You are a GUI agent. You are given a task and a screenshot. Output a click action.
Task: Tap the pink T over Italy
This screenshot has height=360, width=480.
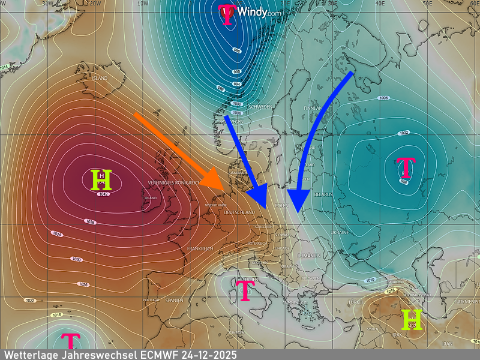pos(244,290)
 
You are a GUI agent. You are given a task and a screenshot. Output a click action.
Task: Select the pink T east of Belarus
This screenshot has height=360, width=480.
pos(406,167)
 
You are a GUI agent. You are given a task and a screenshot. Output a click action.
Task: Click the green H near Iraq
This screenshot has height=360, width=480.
pos(412,320)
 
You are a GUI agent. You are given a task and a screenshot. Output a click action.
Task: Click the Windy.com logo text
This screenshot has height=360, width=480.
pos(259,11)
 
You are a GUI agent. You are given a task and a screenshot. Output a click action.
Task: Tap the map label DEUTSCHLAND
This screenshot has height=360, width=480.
pos(239,212)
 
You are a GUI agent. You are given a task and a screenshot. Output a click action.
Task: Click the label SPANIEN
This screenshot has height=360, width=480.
pos(174,299)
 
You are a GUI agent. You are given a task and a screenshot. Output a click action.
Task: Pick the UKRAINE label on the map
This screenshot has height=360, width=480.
pos(339,232)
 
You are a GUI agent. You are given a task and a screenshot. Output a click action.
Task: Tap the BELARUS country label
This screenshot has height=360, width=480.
pos(323,194)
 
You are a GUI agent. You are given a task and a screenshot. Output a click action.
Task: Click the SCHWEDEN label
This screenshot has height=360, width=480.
pos(261,107)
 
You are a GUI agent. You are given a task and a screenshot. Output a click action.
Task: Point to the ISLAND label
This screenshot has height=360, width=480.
pos(100,79)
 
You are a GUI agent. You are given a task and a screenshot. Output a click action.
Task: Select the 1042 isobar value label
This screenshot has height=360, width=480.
pos(103,194)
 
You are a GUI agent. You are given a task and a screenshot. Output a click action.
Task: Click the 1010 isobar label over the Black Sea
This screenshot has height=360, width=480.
pos(370,280)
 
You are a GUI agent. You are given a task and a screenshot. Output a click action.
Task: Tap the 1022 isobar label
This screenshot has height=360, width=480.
pos(29,300)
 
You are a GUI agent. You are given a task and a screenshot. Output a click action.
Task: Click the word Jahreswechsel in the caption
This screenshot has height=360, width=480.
pos(91,355)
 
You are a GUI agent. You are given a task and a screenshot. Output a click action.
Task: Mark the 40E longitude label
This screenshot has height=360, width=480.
pos(379,3)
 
